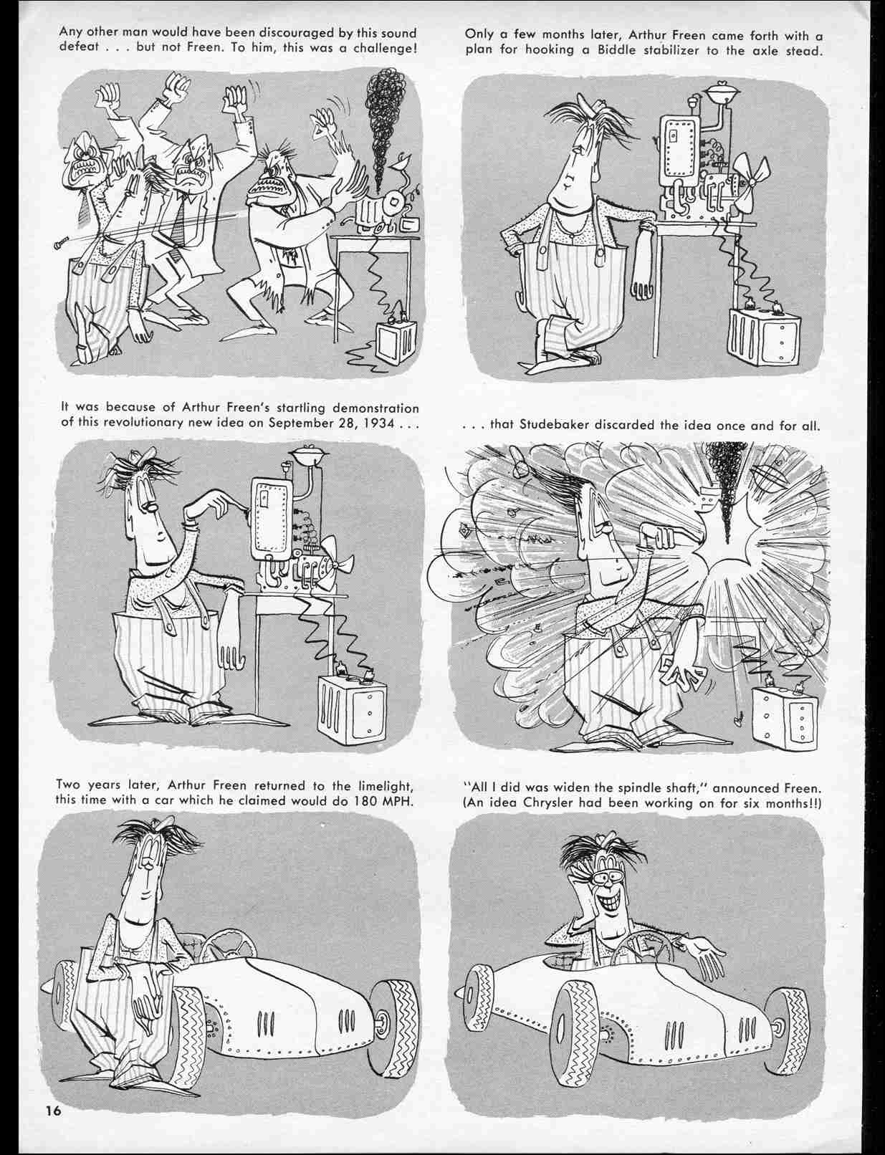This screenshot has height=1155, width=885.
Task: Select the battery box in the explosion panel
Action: pyautogui.click(x=783, y=712)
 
